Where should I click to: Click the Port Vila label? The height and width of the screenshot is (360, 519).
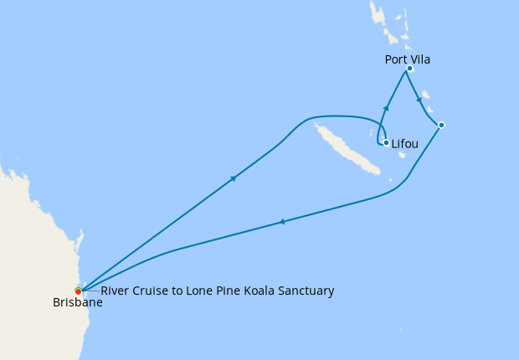pos(408,59)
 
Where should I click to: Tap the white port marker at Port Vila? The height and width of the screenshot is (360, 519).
pos(409,69)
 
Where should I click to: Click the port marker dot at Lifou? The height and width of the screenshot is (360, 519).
pos(386,142)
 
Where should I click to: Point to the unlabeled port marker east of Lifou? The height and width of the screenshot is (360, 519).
pos(441,126)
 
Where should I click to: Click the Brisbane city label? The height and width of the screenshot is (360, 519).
pos(77,303)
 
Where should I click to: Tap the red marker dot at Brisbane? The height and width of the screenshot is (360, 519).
pos(78,291)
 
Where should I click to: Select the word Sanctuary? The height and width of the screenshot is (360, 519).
pos(306,291)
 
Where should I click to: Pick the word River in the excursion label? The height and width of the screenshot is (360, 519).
pos(115,291)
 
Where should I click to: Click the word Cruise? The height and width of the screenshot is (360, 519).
pos(152,291)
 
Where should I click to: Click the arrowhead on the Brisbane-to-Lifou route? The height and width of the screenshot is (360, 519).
pos(233,177)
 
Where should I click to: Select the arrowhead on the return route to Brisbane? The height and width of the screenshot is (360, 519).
pos(282,222)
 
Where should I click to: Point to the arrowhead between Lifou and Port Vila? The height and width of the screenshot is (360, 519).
pos(386,107)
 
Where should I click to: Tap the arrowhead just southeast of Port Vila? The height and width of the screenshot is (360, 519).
pos(419,100)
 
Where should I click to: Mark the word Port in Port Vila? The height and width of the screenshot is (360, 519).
pos(396,59)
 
